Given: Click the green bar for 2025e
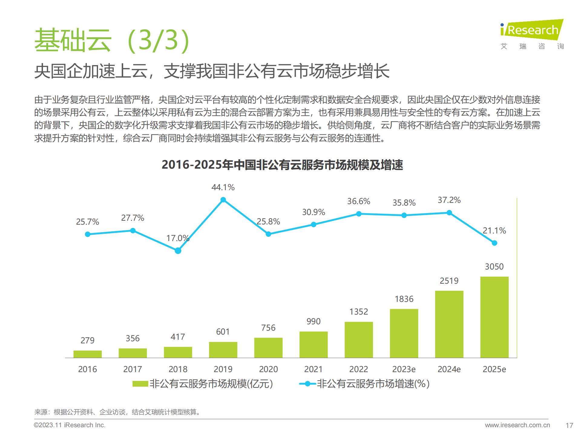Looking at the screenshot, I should (494, 317).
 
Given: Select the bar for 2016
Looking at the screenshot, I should (87, 354).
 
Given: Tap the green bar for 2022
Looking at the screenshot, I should (359, 340).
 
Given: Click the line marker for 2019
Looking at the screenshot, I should (223, 200).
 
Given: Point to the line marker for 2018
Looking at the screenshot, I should (178, 251).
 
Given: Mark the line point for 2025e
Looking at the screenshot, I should (494, 243).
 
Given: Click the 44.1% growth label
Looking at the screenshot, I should (223, 187).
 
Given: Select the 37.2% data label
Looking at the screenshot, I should (449, 200).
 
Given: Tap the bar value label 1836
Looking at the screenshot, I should (404, 299).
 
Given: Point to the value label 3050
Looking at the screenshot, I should (494, 267).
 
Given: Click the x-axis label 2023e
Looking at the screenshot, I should (404, 369).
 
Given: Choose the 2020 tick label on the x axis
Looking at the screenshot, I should (268, 369).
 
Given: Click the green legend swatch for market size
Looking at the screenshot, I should (140, 384).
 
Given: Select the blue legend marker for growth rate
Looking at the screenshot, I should (307, 384).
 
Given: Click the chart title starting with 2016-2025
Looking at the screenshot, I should (282, 165).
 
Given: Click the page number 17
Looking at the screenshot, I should (569, 425).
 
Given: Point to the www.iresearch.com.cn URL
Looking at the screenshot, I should (517, 425).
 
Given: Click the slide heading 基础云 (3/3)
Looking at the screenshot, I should (112, 40).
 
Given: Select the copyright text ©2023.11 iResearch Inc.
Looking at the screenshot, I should (70, 425).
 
